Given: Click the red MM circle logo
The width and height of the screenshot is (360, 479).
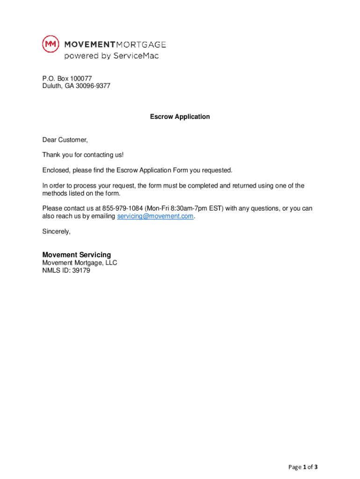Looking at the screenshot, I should click(50, 44).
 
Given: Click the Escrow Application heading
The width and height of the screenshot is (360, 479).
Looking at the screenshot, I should click(180, 116).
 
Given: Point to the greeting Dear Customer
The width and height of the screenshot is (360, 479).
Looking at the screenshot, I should click(65, 140).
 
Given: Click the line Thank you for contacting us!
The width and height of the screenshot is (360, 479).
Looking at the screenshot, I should click(83, 155).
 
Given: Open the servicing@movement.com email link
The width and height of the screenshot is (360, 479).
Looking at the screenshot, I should click(155, 216).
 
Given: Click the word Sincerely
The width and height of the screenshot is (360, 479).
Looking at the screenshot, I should click(56, 231).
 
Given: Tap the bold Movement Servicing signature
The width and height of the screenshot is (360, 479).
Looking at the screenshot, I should click(77, 255).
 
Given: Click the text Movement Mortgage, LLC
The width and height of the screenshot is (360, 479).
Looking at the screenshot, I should click(79, 263).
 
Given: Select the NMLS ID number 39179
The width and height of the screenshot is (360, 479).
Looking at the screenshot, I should click(81, 270).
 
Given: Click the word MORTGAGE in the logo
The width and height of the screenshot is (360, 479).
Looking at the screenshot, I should click(141, 44).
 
